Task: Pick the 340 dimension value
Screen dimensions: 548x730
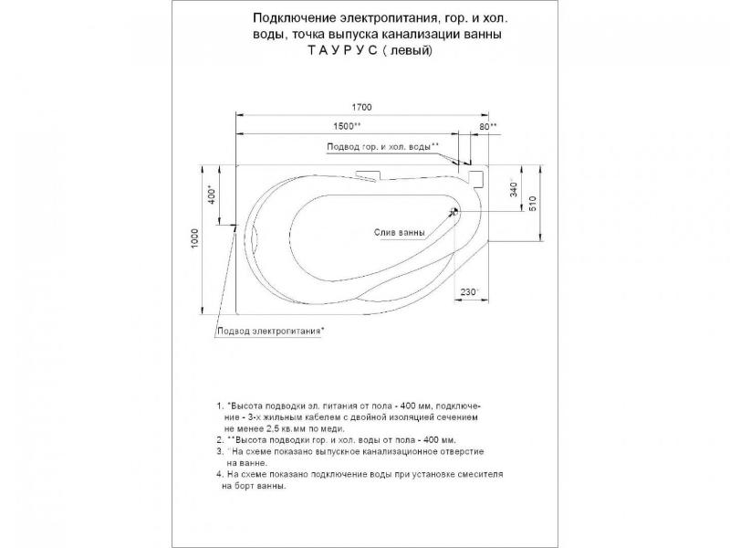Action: pyautogui.click(x=514, y=189)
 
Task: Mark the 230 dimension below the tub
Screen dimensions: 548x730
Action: pyautogui.click(x=469, y=291)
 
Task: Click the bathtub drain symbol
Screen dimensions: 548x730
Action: pyautogui.click(x=454, y=212)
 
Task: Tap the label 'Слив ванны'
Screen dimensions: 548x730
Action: pyautogui.click(x=399, y=232)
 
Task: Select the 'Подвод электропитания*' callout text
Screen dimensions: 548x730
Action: pyautogui.click(x=271, y=330)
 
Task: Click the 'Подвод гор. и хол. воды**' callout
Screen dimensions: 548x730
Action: pyautogui.click(x=382, y=146)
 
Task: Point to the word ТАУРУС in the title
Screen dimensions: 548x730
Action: pyautogui.click(x=345, y=51)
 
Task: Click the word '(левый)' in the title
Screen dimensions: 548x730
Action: pyautogui.click(x=411, y=51)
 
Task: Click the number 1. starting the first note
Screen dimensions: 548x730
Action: pyautogui.click(x=220, y=404)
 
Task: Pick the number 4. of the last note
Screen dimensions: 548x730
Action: pyautogui.click(x=220, y=475)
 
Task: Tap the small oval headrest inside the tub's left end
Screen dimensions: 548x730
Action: pyautogui.click(x=255, y=240)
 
